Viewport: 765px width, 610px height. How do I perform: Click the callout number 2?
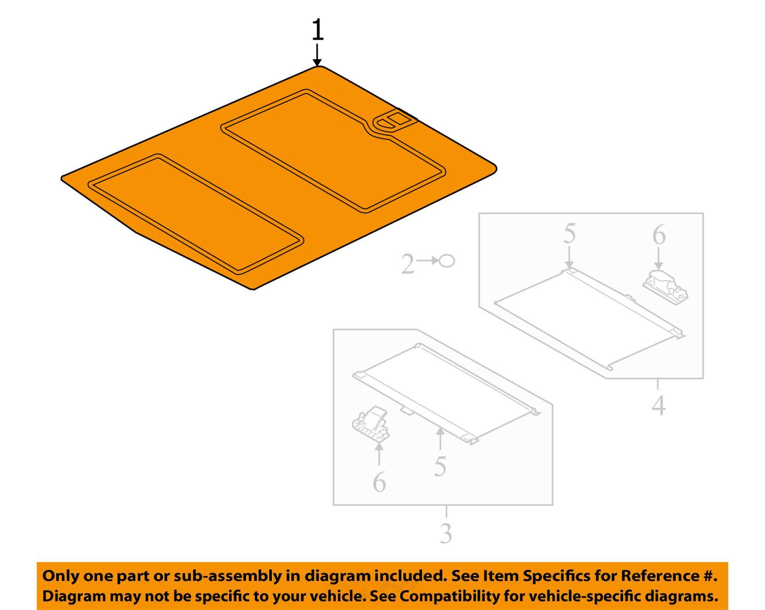(x=407, y=265)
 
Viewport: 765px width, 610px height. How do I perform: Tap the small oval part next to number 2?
(x=446, y=261)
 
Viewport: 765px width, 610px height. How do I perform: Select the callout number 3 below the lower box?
(x=446, y=533)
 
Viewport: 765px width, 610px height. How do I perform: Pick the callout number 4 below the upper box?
(x=658, y=405)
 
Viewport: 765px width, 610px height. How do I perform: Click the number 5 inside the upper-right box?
(x=569, y=234)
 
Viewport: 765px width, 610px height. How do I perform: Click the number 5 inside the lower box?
(x=440, y=466)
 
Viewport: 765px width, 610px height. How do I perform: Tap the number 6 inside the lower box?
(x=379, y=482)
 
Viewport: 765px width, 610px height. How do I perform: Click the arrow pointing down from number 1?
(x=317, y=55)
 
